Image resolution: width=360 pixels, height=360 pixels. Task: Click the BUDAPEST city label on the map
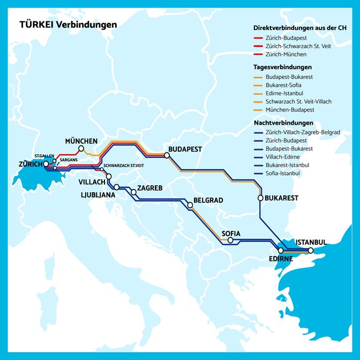(185, 149)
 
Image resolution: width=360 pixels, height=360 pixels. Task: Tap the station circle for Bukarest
(261, 198)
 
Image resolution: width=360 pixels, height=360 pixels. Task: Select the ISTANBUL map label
(311, 242)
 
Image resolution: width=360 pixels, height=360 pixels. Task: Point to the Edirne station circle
(281, 251)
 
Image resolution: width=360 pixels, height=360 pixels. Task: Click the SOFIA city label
(231, 234)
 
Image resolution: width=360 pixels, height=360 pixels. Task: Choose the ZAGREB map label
(150, 187)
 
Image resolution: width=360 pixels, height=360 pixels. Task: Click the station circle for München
(81, 148)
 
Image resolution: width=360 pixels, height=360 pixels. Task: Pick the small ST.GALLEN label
(44, 155)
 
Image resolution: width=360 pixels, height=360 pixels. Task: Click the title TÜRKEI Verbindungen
(68, 25)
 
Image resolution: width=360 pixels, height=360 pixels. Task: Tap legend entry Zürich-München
(286, 55)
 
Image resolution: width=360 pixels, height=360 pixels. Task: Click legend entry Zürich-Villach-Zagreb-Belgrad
(303, 132)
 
